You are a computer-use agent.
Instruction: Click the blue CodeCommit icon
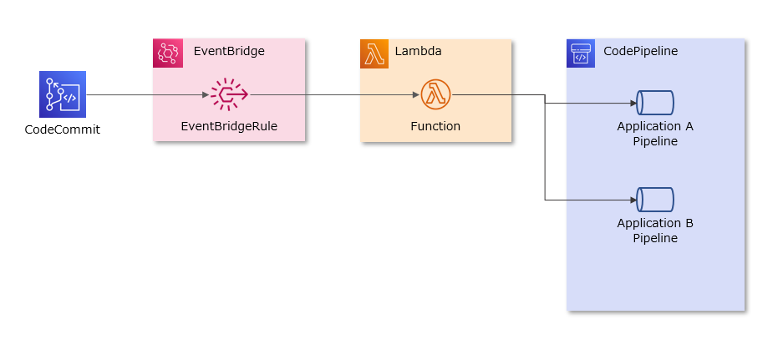tap(63, 94)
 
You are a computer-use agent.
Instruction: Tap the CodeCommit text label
tap(63, 129)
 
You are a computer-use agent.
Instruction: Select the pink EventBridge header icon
tap(168, 53)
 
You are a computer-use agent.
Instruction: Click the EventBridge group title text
tap(229, 52)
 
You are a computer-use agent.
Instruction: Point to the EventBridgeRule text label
tap(229, 127)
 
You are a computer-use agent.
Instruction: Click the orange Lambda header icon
tap(374, 53)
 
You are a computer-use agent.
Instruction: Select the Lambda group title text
tap(418, 52)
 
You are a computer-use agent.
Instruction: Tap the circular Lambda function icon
tap(435, 95)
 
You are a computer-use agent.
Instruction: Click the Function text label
tap(435, 127)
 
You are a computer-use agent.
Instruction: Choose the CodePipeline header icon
tap(581, 53)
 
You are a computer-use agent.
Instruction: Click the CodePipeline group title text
tap(641, 52)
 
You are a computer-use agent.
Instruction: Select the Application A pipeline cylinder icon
tap(655, 103)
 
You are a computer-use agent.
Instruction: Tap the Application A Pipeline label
tap(655, 134)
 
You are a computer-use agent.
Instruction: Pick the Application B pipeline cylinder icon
tap(655, 200)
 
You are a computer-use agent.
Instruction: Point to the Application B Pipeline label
tap(655, 231)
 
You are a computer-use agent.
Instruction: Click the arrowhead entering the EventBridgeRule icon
tap(206, 95)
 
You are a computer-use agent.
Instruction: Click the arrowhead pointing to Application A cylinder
tap(633, 104)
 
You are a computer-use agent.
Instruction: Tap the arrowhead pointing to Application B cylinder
tap(633, 200)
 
